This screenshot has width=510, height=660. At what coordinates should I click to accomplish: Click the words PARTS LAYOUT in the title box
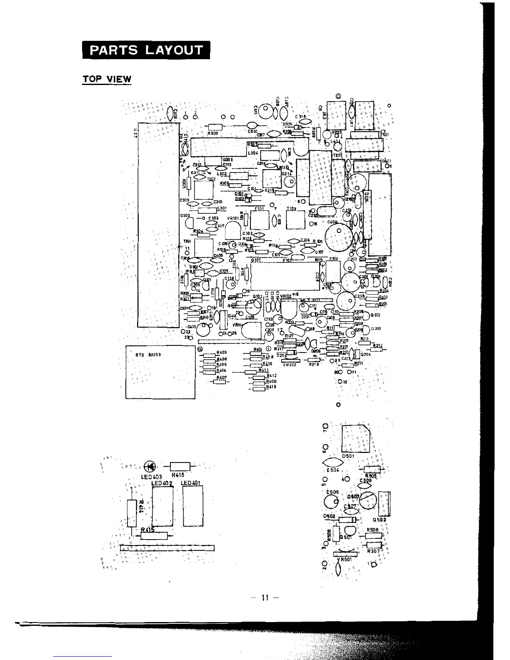coord(146,50)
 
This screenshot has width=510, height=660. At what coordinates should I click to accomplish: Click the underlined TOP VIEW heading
coord(107,79)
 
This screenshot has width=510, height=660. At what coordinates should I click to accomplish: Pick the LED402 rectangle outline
coord(162,507)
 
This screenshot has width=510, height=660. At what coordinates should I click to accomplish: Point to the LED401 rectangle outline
coord(193,507)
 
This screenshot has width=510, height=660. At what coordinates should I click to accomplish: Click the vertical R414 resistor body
coord(132,513)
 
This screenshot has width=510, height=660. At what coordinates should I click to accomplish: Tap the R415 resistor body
coord(154,536)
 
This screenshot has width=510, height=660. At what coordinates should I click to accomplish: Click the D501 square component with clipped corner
coord(355,438)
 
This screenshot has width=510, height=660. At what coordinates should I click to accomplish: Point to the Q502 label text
coord(380,520)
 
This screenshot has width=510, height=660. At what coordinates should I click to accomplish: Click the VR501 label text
coord(345,560)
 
